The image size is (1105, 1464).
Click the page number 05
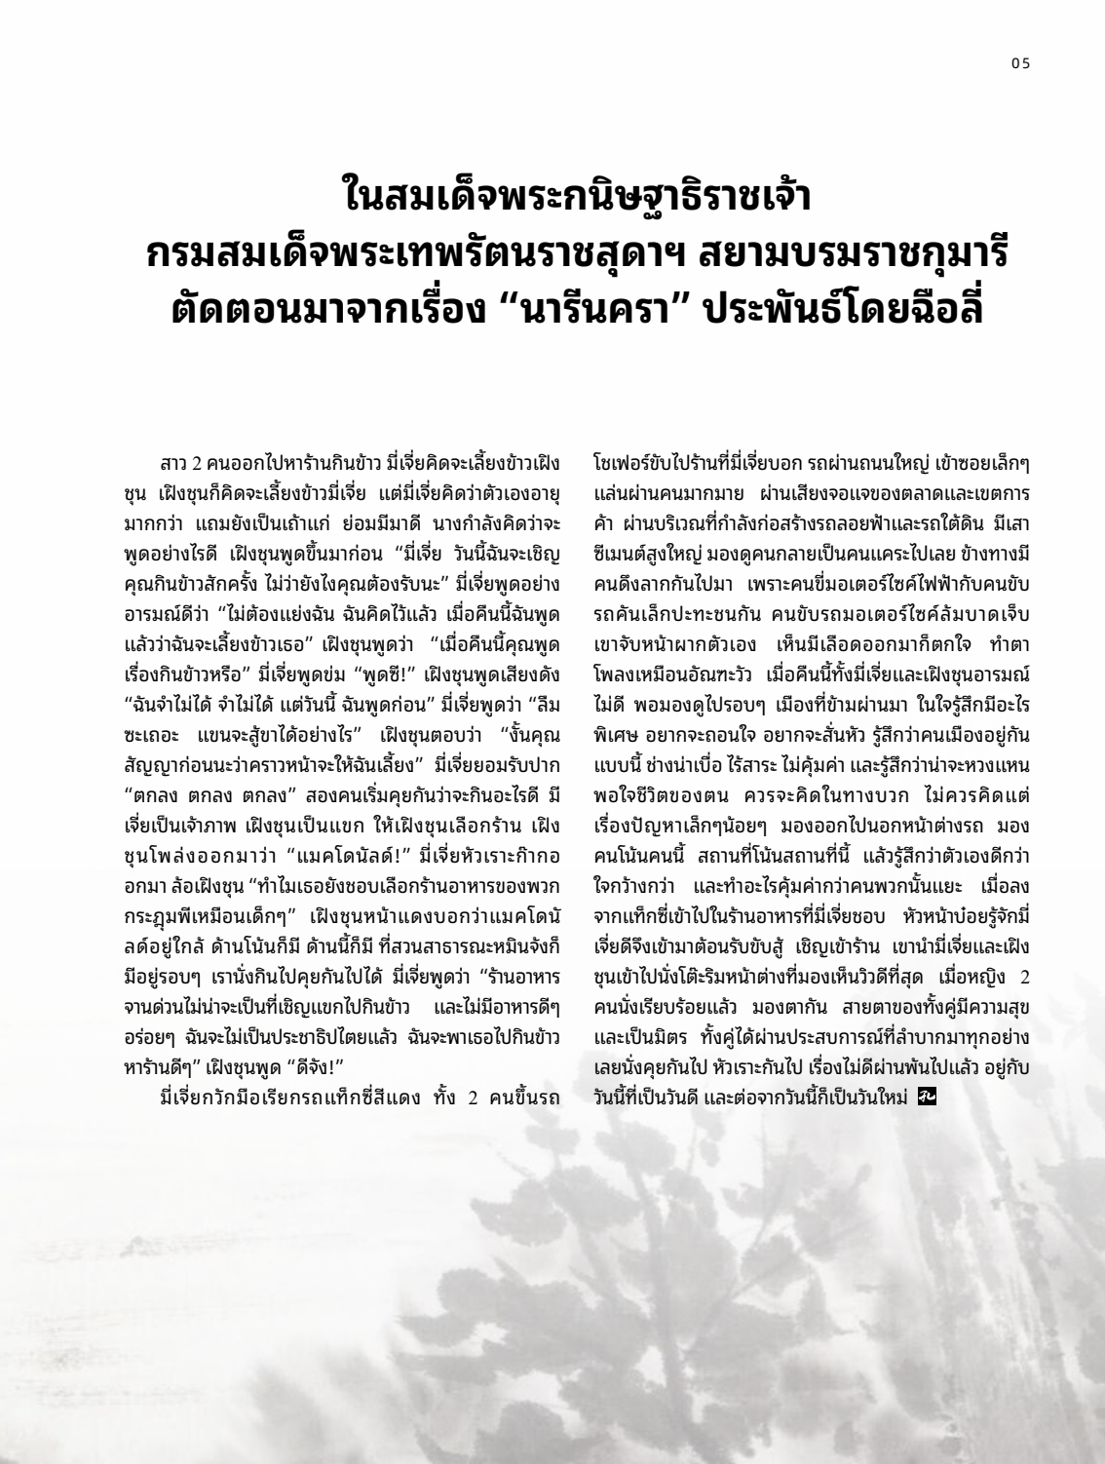click(x=1020, y=64)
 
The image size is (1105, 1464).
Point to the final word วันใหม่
click(x=881, y=1097)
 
